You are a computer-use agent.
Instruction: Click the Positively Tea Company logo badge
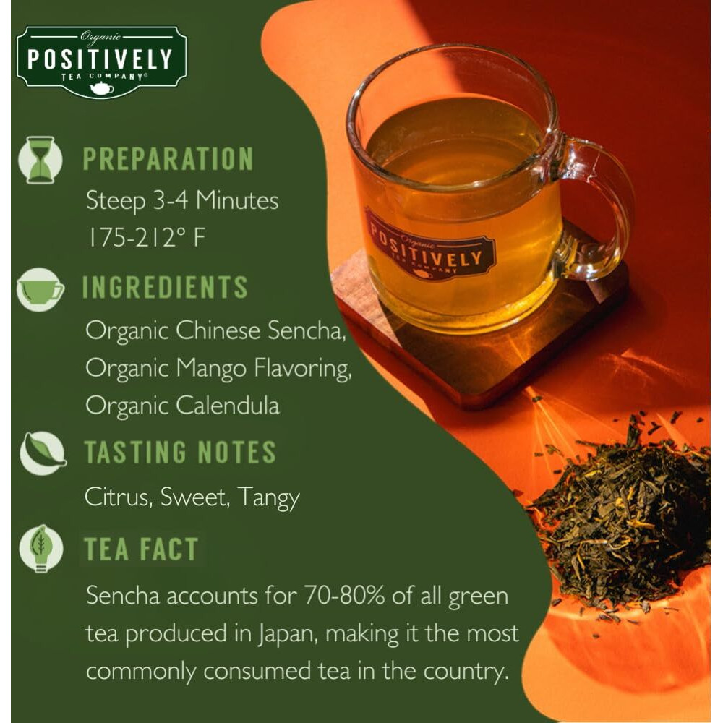(101, 61)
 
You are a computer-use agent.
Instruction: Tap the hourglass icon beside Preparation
(40, 160)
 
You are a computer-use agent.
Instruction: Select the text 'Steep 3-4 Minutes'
(181, 200)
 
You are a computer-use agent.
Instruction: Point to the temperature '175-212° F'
(146, 239)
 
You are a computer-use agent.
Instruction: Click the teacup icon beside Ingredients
(40, 288)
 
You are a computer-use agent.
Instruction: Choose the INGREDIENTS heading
(165, 288)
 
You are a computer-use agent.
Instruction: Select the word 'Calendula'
(228, 405)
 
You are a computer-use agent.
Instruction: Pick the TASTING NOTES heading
(180, 453)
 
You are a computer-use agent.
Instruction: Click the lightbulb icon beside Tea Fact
(40, 549)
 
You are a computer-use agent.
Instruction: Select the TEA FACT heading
(140, 549)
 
